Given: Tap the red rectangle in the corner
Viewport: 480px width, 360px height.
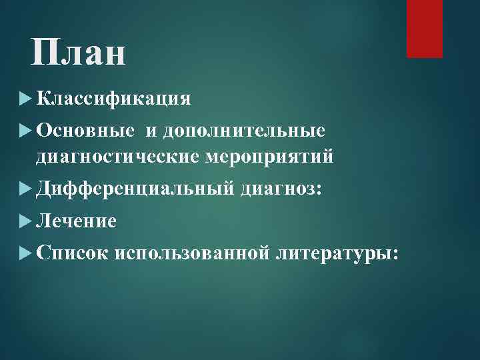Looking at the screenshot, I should click(x=425, y=29).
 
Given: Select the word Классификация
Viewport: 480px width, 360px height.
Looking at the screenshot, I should click(x=114, y=99).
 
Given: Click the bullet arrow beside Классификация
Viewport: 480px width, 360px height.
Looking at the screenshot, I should click(x=26, y=99).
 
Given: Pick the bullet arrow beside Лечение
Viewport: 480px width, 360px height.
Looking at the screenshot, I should click(x=26, y=220).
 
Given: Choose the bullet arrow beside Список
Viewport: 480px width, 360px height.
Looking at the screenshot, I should click(x=26, y=252).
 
